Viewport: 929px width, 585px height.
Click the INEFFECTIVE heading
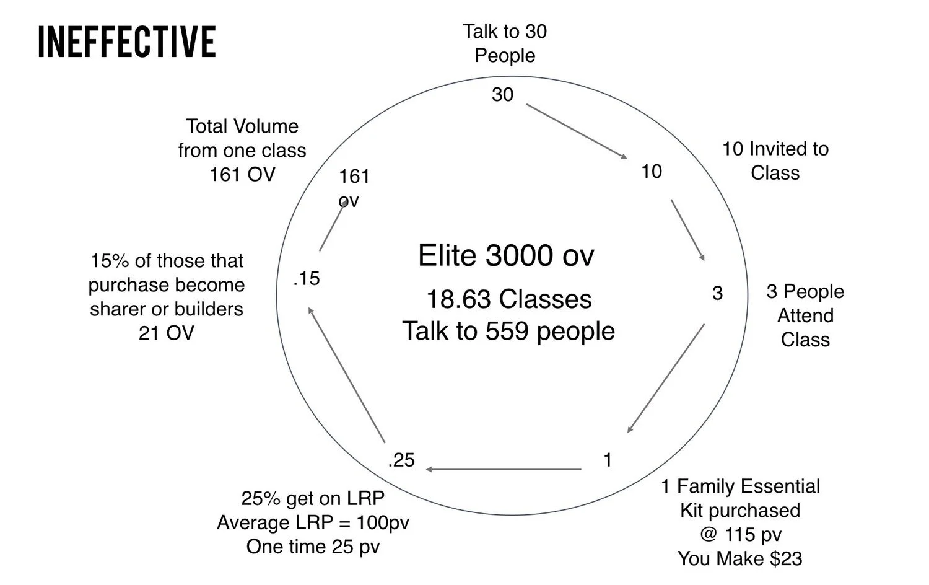pos(127,42)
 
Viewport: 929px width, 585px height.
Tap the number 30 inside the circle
pos(503,95)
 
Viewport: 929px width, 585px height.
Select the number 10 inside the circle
pos(652,172)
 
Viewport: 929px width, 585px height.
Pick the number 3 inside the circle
pos(717,293)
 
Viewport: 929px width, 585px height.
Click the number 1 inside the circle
pos(608,460)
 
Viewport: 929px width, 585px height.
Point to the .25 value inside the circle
pos(401,460)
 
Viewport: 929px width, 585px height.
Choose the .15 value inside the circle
pos(307,278)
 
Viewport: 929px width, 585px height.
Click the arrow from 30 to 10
pos(577,131)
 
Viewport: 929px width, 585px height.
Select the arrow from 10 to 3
pos(687,230)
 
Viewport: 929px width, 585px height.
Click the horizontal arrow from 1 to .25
pos(504,469)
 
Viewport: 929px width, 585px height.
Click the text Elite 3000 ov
pos(506,255)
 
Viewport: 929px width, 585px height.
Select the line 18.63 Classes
pos(509,299)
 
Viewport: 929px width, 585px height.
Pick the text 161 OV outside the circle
pos(242,175)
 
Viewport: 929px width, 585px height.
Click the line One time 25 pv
pos(313,547)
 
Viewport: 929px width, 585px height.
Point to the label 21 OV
pos(167,333)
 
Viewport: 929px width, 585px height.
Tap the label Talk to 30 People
pos(505,43)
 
